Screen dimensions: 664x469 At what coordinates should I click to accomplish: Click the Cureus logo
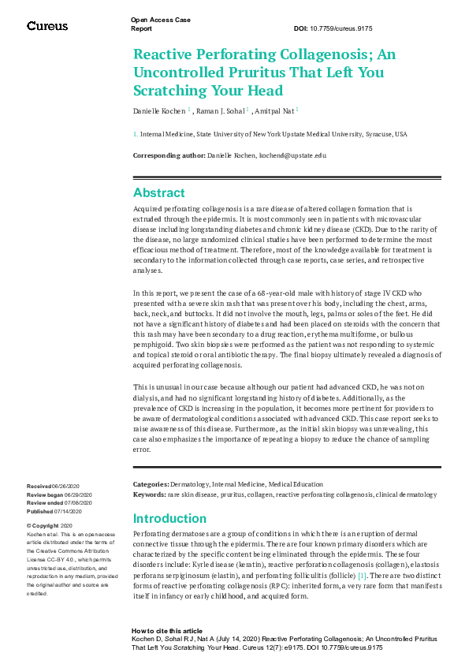(x=47, y=26)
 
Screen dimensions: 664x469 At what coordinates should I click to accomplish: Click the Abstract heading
(x=159, y=193)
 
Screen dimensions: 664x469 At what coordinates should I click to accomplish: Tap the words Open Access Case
(x=161, y=20)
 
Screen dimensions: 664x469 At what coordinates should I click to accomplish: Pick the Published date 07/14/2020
(x=70, y=510)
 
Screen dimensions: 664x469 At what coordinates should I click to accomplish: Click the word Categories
(x=150, y=484)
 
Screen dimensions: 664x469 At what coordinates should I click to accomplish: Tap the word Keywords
(x=149, y=494)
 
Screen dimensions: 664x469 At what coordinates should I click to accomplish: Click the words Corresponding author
(x=169, y=155)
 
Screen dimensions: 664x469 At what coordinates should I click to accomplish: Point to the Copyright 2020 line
(x=52, y=525)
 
